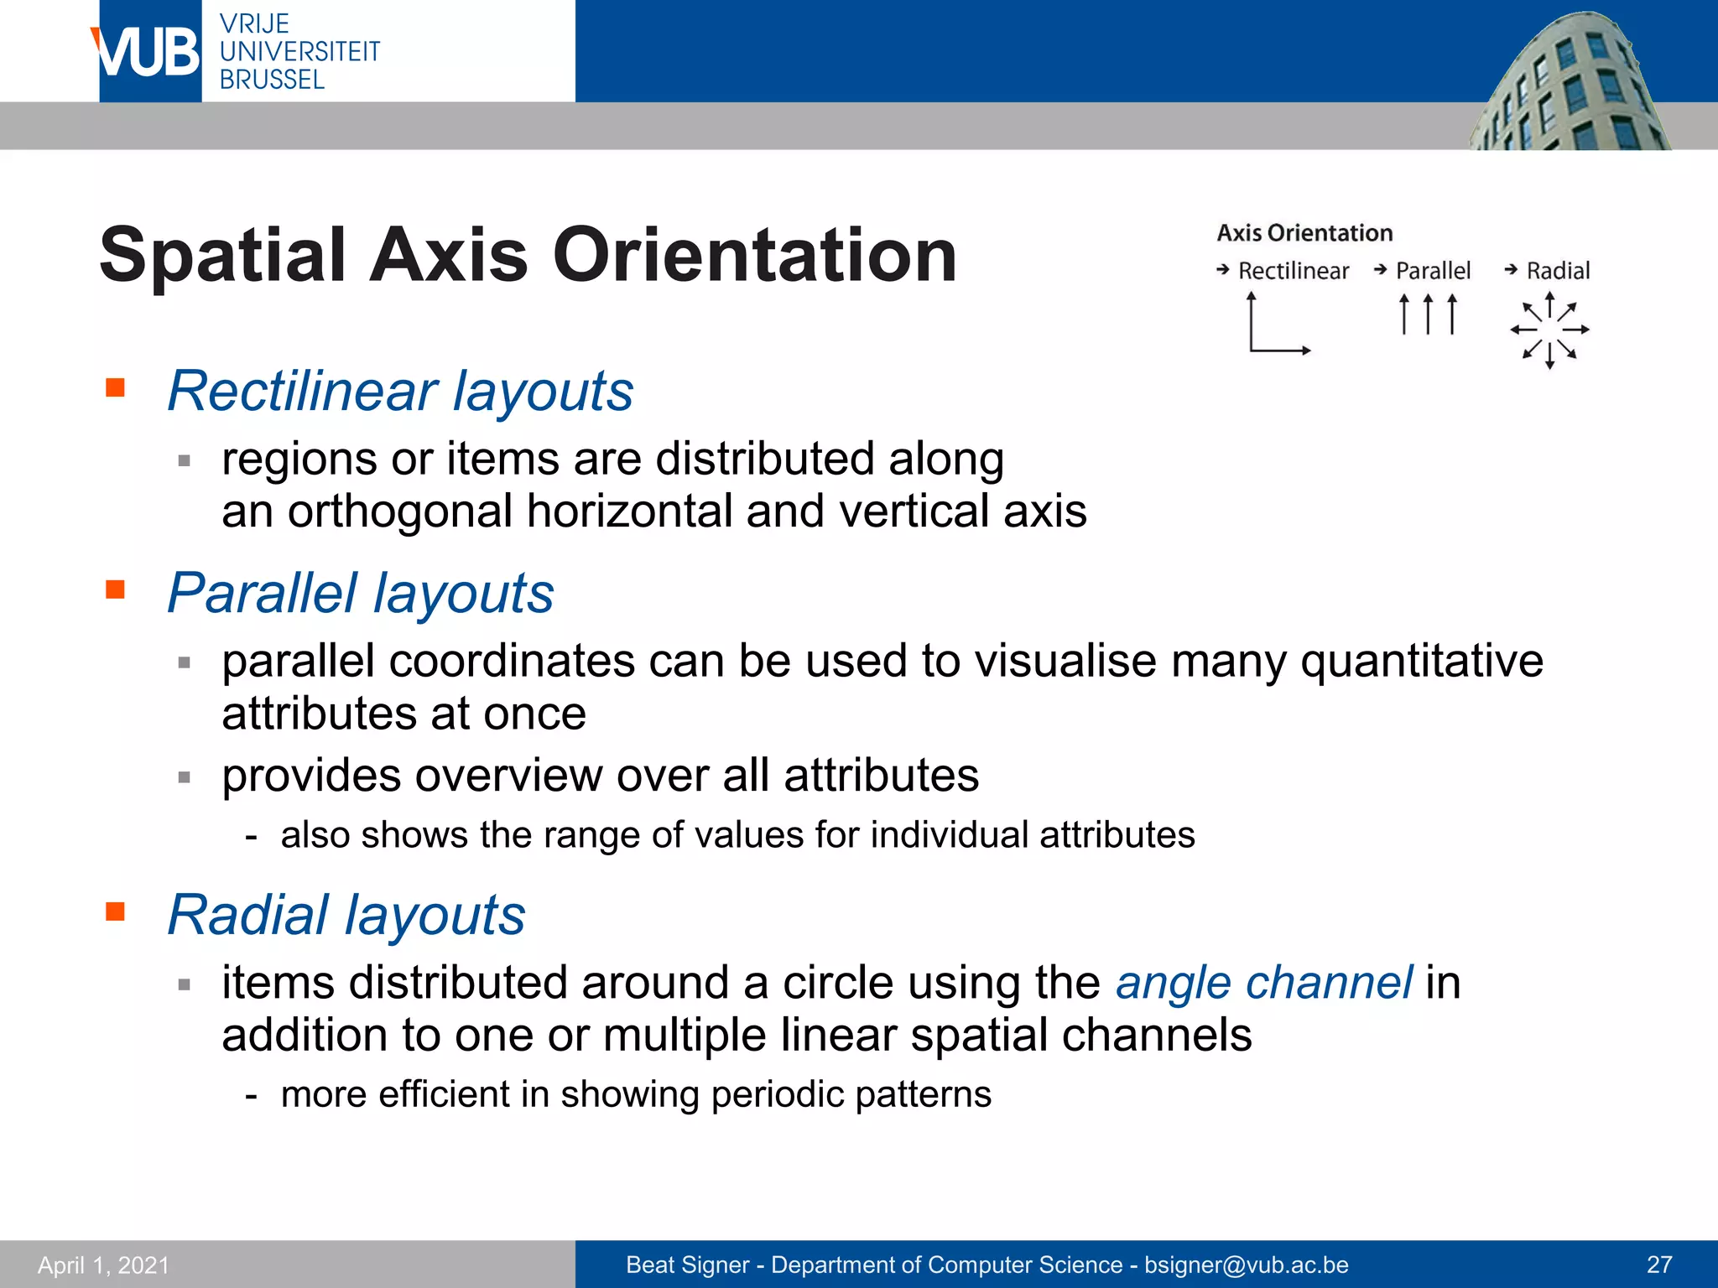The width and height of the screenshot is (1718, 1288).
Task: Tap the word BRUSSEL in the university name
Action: [x=272, y=80]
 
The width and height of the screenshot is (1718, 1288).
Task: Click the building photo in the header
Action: [x=1569, y=84]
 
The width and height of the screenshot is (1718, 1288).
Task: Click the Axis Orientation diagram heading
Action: [x=1304, y=232]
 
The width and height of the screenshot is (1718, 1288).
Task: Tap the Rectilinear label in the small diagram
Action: [x=1293, y=271]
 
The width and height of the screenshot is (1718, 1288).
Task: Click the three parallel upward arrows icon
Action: [x=1428, y=314]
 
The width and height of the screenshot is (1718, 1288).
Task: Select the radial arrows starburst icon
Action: [x=1549, y=330]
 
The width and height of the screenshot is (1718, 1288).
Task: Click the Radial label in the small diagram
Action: [x=1558, y=271]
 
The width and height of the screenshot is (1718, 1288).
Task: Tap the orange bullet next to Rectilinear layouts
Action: [x=116, y=387]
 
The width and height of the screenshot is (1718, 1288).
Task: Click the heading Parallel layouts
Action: [x=361, y=593]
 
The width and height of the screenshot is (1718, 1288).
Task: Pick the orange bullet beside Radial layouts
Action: [x=116, y=911]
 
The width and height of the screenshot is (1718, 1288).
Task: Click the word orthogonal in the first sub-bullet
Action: [x=399, y=512]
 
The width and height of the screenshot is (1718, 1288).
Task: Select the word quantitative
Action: [x=1421, y=661]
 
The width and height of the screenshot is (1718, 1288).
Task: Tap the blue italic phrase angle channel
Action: [x=1263, y=982]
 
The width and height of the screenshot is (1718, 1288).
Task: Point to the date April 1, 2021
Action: [x=103, y=1265]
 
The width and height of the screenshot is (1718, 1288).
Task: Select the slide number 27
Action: [x=1659, y=1265]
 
